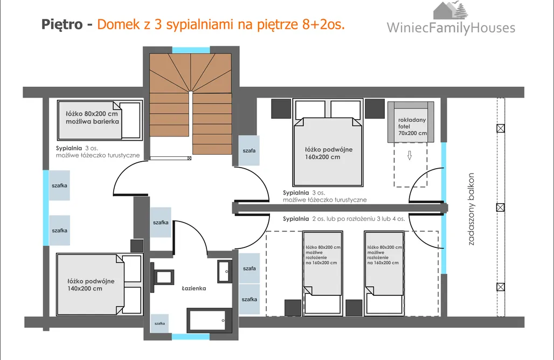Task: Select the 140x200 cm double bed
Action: click(x=92, y=285)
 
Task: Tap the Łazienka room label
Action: click(x=193, y=288)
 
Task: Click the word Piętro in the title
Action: click(x=61, y=25)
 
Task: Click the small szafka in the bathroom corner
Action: click(x=160, y=323)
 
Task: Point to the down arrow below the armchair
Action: click(x=409, y=156)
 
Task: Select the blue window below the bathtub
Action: click(x=190, y=337)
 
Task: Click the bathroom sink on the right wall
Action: click(x=224, y=271)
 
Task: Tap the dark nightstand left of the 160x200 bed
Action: click(x=280, y=109)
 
